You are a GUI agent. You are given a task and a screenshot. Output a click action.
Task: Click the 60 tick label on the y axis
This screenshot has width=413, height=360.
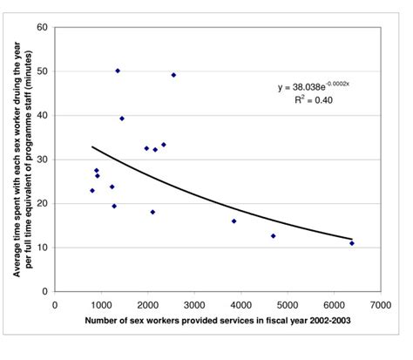tap(41, 27)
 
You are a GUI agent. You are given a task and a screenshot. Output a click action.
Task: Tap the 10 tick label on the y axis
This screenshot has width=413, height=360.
tap(41, 248)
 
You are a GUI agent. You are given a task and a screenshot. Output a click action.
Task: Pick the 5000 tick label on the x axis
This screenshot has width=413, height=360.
tap(287, 305)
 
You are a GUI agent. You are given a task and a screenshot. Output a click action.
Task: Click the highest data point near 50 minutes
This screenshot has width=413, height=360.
tap(118, 71)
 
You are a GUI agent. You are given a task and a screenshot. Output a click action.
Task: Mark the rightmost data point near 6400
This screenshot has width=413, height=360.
tap(352, 243)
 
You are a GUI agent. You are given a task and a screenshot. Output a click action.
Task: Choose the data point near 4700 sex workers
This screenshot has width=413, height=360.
tap(273, 235)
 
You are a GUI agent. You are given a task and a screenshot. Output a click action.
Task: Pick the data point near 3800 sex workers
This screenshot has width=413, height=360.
tap(234, 221)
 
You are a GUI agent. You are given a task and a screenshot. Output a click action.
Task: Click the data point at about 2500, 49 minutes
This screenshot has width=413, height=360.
tap(173, 75)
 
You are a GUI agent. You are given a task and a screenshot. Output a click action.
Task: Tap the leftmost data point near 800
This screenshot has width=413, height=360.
tap(91, 190)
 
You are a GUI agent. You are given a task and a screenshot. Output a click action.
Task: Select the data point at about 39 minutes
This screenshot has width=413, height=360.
tap(122, 119)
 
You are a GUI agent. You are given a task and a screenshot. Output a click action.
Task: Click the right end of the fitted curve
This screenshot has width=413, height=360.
tap(352, 239)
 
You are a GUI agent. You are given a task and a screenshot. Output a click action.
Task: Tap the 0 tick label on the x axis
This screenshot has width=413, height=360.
tap(55, 305)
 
